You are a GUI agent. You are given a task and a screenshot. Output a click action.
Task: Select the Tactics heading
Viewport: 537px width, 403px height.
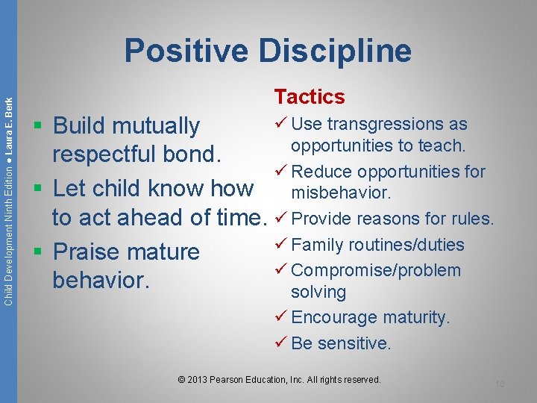(x=310, y=97)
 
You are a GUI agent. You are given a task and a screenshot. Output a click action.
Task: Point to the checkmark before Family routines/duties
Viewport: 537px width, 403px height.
(x=281, y=244)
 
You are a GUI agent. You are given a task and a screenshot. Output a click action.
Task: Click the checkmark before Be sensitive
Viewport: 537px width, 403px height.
(x=281, y=343)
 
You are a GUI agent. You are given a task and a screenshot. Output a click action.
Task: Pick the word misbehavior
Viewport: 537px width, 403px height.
(x=342, y=193)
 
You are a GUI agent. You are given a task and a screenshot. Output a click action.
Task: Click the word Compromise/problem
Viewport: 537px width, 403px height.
(x=376, y=270)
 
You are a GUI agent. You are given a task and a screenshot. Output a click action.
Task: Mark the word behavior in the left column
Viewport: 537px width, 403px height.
(x=98, y=280)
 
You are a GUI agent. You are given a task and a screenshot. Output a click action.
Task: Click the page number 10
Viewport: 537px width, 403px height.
(x=500, y=384)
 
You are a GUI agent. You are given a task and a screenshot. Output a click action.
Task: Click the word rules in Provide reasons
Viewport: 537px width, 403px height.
(x=472, y=219)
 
